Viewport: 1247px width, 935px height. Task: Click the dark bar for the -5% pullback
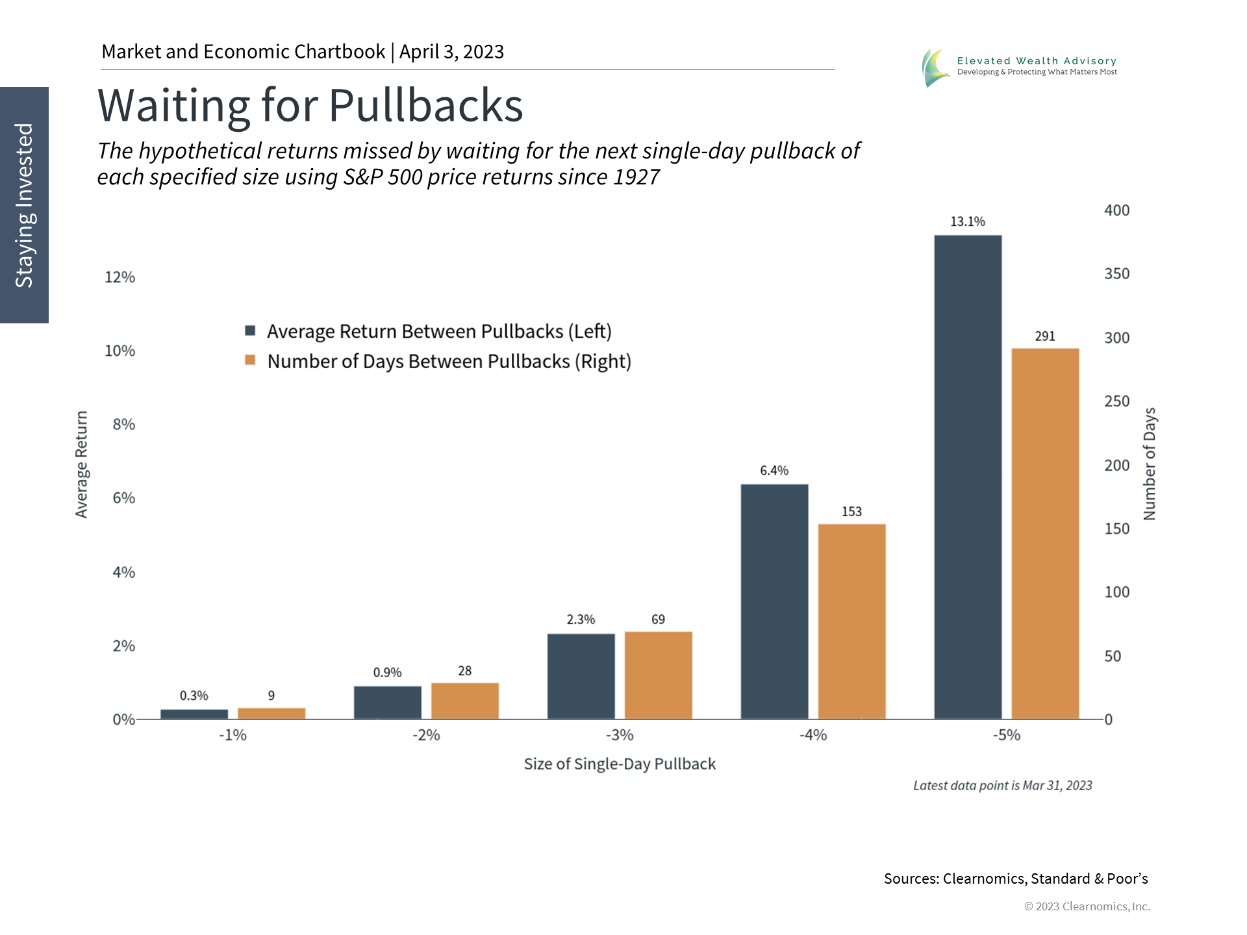click(968, 477)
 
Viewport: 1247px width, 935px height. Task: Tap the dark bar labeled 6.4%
click(774, 601)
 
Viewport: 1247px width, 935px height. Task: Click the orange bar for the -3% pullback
click(658, 675)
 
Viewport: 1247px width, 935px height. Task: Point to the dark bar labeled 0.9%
click(387, 703)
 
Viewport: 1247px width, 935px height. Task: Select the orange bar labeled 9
click(271, 714)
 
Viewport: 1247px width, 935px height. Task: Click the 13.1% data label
click(968, 221)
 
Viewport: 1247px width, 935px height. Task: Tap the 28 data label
click(464, 671)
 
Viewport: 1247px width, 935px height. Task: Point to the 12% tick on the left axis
click(120, 277)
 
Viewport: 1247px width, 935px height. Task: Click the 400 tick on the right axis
click(1116, 210)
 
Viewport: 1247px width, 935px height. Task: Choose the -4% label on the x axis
click(812, 735)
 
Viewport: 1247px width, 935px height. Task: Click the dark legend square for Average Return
click(250, 330)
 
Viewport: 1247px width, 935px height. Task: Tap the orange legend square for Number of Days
click(250, 360)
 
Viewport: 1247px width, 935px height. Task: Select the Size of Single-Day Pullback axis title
click(620, 764)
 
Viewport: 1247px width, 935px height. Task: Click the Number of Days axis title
click(1150, 464)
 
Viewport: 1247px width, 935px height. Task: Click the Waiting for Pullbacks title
click(310, 105)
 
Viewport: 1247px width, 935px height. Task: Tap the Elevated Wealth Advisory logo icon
click(935, 68)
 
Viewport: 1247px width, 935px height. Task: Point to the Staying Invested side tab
click(24, 205)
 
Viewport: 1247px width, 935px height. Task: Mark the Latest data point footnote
click(1002, 786)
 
